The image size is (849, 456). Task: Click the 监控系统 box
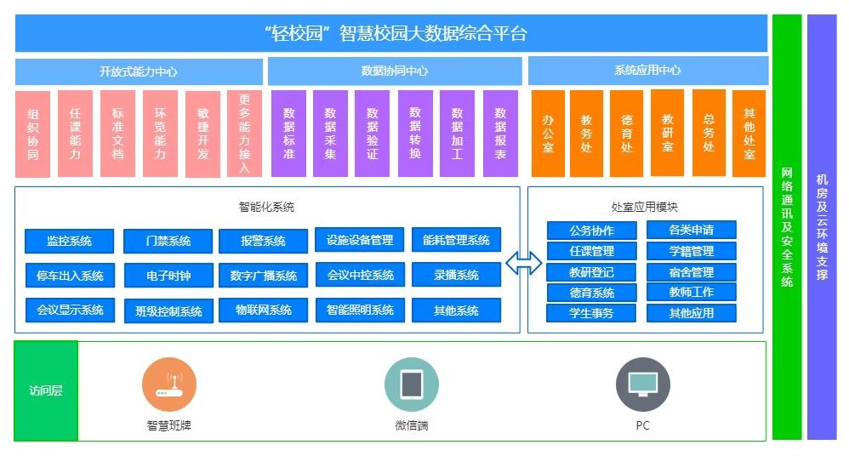tap(69, 241)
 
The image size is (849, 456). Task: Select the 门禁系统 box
tap(168, 241)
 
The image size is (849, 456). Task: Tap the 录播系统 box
tap(456, 275)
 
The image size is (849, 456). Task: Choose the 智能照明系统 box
tap(360, 311)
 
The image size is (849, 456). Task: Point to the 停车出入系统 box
tap(70, 276)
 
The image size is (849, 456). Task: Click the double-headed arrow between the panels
tap(523, 264)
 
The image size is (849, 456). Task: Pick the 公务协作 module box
tap(591, 231)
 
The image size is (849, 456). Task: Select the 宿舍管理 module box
tap(692, 272)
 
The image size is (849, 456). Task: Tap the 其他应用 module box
tap(692, 313)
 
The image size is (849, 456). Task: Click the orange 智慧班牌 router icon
tap(169, 385)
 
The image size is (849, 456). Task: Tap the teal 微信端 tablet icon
tap(412, 385)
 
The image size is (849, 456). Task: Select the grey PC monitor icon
tap(643, 385)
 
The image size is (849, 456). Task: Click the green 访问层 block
tap(46, 390)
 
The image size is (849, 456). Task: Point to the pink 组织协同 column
tap(33, 134)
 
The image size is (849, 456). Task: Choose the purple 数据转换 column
tap(415, 134)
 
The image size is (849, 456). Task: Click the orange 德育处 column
tap(626, 134)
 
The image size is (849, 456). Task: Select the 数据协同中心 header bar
tap(395, 71)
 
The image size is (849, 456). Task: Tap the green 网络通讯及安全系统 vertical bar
tap(787, 227)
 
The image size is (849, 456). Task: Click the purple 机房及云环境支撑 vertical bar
tap(822, 227)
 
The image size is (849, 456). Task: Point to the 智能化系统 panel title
tap(266, 207)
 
